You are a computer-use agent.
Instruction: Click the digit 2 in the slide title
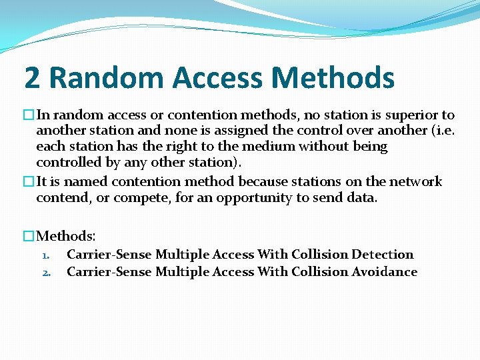[31, 78]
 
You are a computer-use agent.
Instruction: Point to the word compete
[139, 198]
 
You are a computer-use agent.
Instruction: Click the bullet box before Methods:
[29, 236]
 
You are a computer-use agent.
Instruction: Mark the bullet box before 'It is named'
[29, 181]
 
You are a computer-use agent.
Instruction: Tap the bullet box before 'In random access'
[29, 115]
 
